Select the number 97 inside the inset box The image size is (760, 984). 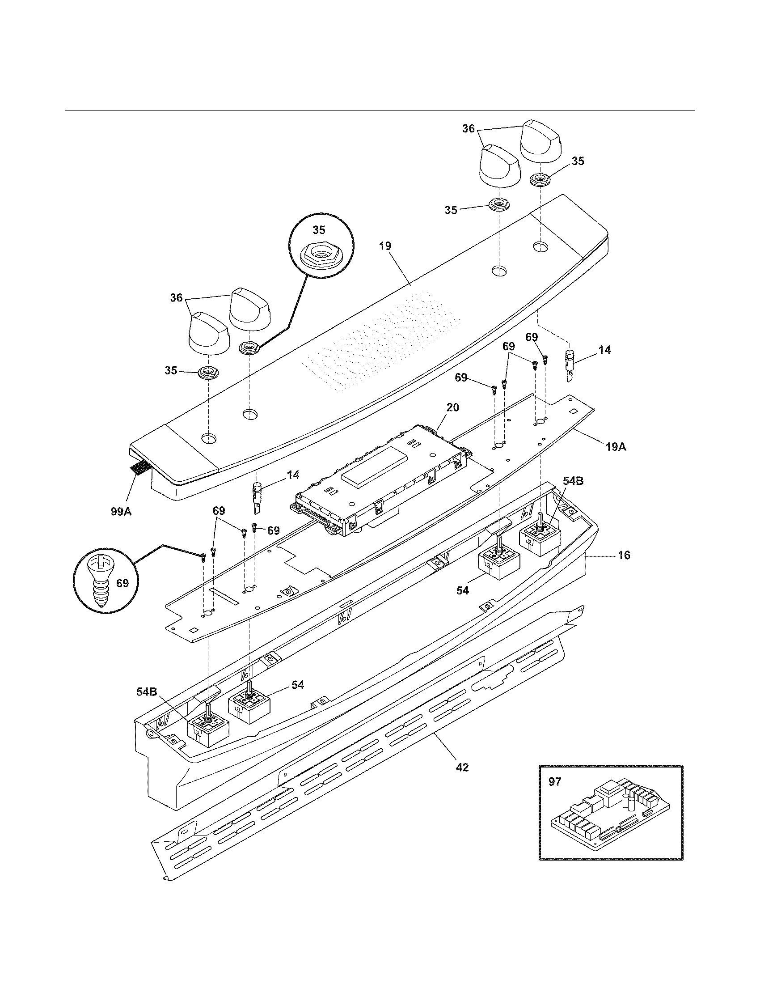(555, 782)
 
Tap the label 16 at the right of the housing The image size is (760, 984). (624, 555)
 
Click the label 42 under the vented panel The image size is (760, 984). (462, 767)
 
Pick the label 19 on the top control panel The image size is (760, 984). (385, 246)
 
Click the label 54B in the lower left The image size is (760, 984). (147, 691)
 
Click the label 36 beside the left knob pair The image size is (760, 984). (176, 297)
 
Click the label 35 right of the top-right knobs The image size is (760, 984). (578, 161)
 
